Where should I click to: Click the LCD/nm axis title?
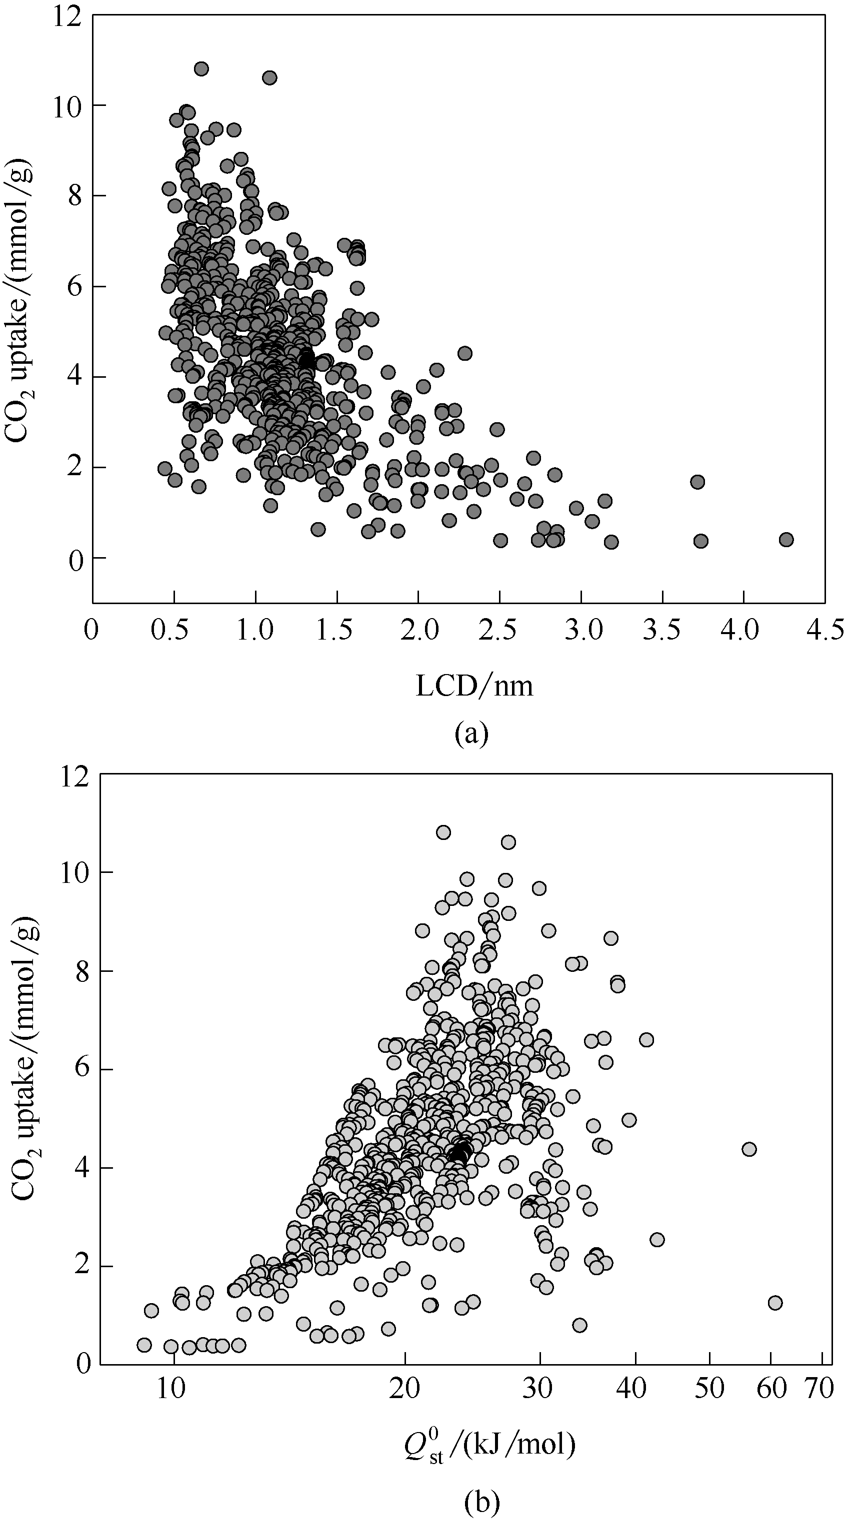click(x=474, y=687)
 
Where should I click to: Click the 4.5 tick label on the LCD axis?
click(x=824, y=631)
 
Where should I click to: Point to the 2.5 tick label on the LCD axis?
click(x=499, y=631)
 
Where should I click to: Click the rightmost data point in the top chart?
click(x=785, y=539)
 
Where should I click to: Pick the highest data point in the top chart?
click(x=201, y=69)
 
